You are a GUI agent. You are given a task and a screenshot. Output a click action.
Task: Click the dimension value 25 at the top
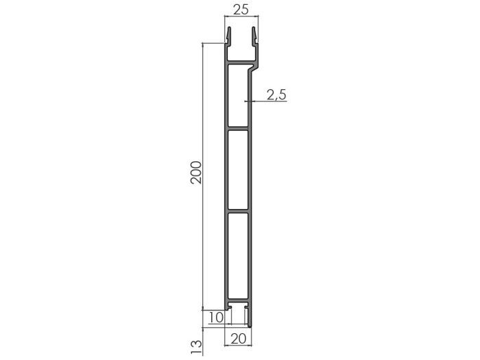pos(240,10)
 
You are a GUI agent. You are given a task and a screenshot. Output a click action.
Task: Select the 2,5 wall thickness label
pos(276,95)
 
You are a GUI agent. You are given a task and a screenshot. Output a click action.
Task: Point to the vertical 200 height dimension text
pos(195,173)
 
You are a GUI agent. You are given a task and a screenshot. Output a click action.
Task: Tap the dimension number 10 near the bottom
pos(215,317)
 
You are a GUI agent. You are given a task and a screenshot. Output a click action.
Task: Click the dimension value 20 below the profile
pos(239,337)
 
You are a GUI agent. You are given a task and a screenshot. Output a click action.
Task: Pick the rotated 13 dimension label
pos(196,345)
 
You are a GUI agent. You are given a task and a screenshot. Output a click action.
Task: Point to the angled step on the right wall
pos(256,68)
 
